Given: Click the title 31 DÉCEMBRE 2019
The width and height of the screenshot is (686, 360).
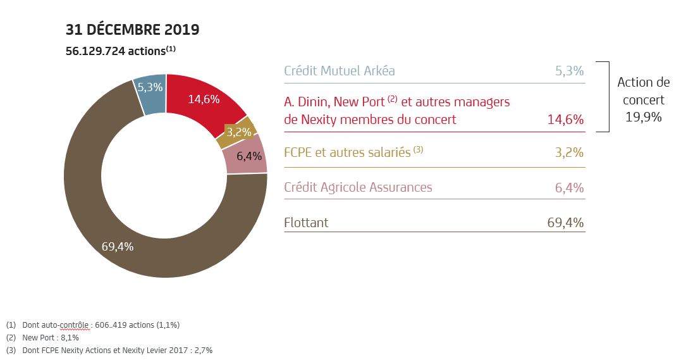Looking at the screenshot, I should pos(132,29).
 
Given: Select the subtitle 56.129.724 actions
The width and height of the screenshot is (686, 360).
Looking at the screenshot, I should pos(120,51).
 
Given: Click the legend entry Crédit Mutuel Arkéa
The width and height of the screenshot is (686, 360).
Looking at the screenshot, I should pos(340,71).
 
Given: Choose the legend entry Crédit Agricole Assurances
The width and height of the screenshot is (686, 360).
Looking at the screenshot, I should pos(358,187).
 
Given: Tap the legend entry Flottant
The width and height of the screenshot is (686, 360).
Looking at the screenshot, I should pos(306,223).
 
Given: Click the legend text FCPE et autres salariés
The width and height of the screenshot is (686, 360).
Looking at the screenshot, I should pos(347,152).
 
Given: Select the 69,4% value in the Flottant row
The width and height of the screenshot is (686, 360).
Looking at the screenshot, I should pos(565,223).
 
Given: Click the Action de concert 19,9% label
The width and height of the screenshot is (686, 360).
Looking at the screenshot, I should pos(643,100).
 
